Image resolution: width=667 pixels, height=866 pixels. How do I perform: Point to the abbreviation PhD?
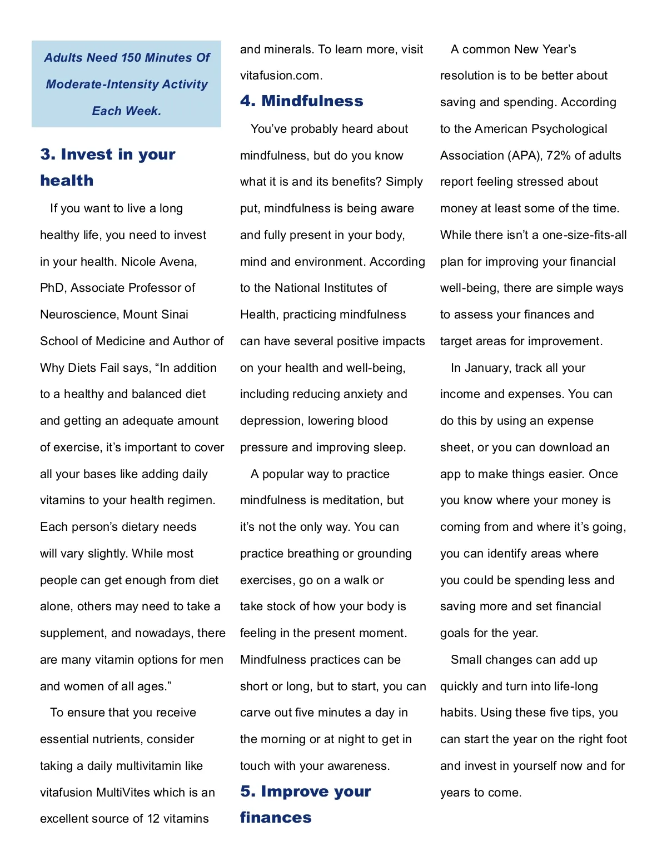tap(53, 288)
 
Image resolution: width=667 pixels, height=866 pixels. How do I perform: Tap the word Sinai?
tap(172, 315)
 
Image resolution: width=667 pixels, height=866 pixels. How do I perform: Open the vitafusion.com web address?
tap(281, 76)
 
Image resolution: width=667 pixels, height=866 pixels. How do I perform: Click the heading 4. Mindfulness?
tap(301, 101)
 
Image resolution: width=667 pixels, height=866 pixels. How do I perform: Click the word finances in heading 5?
tap(276, 817)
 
